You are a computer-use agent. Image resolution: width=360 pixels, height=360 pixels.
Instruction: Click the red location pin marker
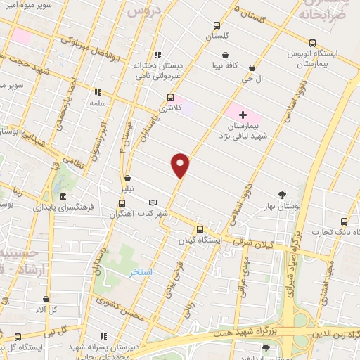click(181, 165)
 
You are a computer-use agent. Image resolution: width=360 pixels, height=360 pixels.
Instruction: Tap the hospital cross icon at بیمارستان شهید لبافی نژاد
click(243, 115)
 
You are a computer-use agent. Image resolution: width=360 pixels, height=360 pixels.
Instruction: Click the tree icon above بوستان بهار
click(283, 195)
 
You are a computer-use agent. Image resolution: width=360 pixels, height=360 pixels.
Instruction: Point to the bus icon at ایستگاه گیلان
click(200, 229)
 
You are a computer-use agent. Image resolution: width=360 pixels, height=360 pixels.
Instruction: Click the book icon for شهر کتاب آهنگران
click(162, 202)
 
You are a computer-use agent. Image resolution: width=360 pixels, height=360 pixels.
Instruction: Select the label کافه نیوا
click(225, 65)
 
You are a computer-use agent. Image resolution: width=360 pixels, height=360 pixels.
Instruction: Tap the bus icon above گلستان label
click(217, 26)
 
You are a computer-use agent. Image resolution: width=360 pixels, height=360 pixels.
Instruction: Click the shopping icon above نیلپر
click(127, 179)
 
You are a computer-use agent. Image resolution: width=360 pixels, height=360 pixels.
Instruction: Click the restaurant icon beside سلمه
click(97, 91)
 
